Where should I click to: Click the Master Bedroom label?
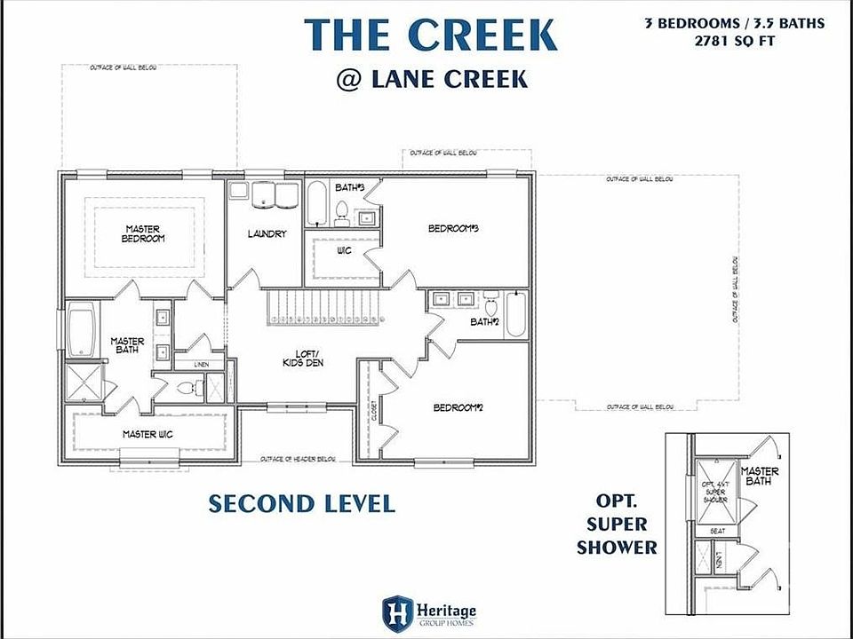143,233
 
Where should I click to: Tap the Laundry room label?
267,234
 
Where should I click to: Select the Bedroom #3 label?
454,228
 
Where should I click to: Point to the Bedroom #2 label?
458,407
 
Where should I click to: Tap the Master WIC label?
147,434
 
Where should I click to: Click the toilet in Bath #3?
341,209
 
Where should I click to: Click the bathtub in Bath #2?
516,314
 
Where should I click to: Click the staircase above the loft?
323,310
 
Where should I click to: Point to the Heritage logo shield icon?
396,611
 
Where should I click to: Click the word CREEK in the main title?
482,34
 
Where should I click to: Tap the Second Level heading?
301,504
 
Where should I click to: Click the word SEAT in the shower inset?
716,531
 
